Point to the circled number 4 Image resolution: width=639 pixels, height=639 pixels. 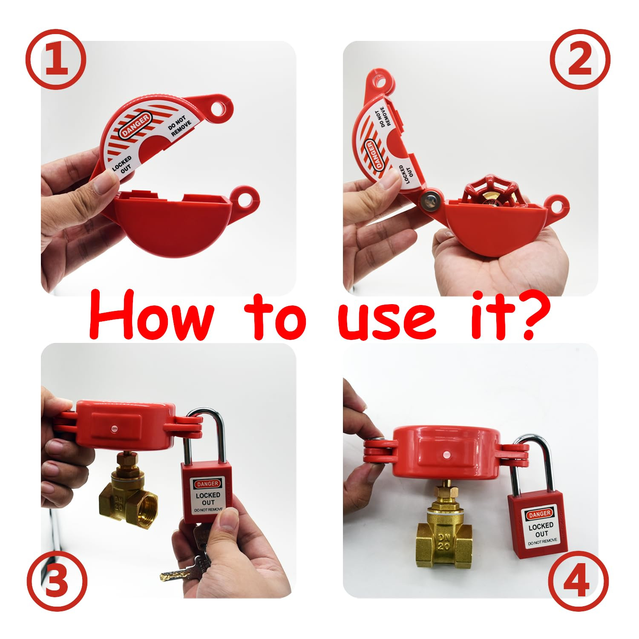tap(578, 581)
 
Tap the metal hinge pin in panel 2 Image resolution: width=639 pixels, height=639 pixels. tap(429, 199)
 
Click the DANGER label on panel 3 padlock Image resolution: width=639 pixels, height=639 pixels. tap(207, 484)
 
